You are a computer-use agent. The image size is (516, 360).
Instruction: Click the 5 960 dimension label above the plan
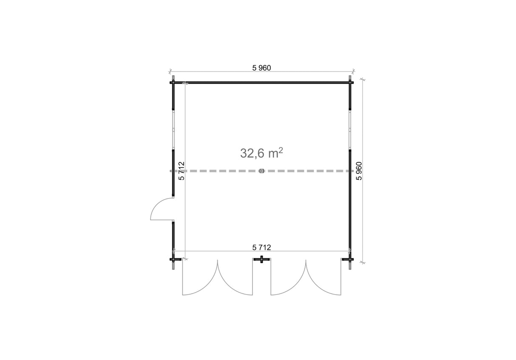(261, 68)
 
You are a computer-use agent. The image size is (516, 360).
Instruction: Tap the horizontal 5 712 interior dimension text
(261, 247)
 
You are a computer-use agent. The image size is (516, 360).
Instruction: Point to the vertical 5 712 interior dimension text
(181, 171)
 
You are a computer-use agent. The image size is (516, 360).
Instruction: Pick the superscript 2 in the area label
(281, 150)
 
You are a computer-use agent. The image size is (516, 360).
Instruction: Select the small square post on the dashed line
(261, 171)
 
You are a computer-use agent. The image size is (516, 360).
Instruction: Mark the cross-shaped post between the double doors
(262, 259)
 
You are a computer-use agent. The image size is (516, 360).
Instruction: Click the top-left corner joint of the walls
(173, 83)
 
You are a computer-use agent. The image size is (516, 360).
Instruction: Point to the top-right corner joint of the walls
(350, 83)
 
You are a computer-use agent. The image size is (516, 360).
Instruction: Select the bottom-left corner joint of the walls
(173, 259)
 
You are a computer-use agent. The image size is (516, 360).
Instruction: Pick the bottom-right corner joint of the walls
(350, 259)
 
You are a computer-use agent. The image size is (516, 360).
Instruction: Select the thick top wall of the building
(261, 83)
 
